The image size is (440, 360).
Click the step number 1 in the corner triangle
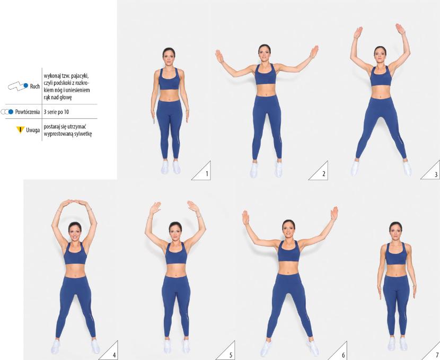(207, 174)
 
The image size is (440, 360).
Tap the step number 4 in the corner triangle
(114, 355)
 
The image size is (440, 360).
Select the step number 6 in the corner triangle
(343, 355)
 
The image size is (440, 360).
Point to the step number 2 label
(324, 174)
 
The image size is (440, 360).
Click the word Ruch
(35, 86)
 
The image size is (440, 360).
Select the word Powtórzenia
(28, 112)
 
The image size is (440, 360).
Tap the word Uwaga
(33, 130)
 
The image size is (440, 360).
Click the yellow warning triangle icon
(20, 130)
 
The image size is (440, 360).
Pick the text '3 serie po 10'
(56, 112)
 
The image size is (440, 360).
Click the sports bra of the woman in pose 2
(265, 74)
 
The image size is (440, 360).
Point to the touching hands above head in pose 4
(74, 202)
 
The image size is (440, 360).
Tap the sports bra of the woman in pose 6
(289, 251)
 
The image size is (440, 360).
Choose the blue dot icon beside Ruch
(26, 85)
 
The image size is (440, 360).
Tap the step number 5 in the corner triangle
(231, 355)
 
